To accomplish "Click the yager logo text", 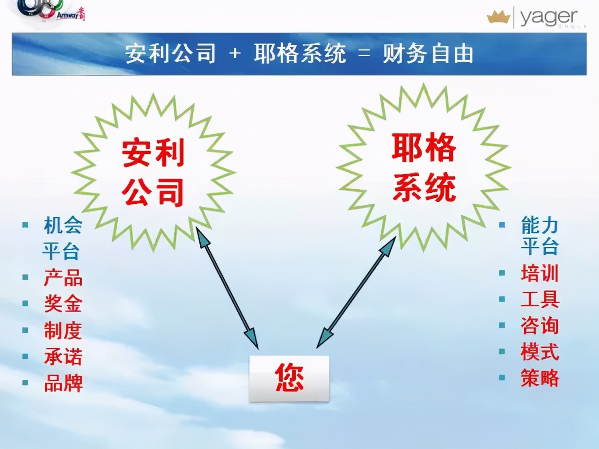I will tap(548, 17).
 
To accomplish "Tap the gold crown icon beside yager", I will tap(498, 18).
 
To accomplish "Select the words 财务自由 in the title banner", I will tap(428, 54).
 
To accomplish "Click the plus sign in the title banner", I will tap(235, 54).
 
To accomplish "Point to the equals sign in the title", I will tap(364, 54).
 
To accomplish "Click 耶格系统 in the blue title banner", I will tap(300, 54).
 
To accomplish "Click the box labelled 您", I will tap(289, 378).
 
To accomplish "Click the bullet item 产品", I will tap(63, 278).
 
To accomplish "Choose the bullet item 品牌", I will tap(63, 383).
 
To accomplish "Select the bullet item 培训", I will tap(540, 274).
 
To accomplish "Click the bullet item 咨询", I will tap(540, 326).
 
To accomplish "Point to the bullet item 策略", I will tap(540, 378).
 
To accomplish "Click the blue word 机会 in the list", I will tap(63, 225).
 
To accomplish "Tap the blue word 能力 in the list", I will tap(540, 225).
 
